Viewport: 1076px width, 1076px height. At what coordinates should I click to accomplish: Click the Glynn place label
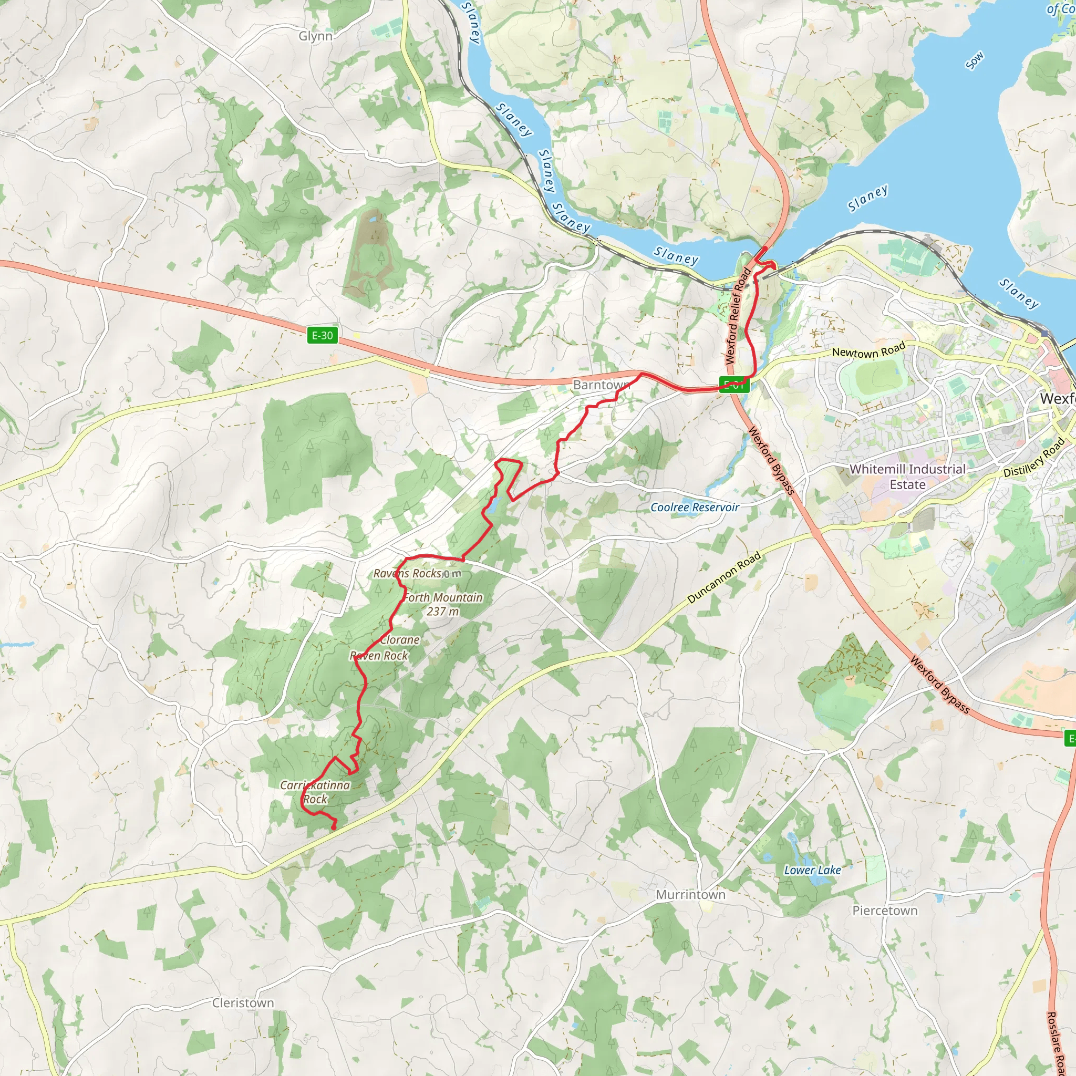click(x=315, y=36)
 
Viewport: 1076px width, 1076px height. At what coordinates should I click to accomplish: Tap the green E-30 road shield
click(x=323, y=335)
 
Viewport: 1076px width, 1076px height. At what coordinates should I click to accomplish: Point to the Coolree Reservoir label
click(x=695, y=508)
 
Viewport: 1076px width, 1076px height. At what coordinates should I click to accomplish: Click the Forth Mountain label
click(x=443, y=597)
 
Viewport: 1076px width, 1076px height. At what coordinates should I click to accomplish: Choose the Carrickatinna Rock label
click(x=315, y=792)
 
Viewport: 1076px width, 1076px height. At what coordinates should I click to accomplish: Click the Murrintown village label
click(x=690, y=894)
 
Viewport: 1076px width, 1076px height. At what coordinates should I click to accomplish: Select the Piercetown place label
click(x=884, y=910)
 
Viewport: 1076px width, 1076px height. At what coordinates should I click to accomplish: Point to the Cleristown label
click(x=243, y=1002)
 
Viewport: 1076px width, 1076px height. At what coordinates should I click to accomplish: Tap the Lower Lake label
click(x=812, y=870)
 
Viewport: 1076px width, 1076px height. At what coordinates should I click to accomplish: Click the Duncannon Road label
click(x=724, y=578)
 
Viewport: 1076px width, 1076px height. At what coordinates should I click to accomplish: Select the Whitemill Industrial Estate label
click(x=907, y=477)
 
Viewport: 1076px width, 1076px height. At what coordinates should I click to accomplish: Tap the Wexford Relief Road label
click(x=738, y=316)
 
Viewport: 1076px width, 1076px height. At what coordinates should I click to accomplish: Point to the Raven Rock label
click(x=379, y=656)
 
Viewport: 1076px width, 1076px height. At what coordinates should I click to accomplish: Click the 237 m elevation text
click(x=443, y=612)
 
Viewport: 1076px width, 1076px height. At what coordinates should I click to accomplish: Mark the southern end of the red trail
click(x=334, y=829)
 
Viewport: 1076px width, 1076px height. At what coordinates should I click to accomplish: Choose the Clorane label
click(x=400, y=640)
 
